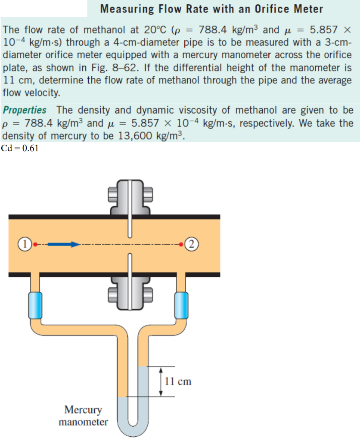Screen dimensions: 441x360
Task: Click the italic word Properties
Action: pos(25,110)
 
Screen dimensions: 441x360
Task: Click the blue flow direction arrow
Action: pos(63,244)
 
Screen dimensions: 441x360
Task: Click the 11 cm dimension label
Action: pos(178,381)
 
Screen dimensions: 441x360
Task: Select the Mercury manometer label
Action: pos(83,415)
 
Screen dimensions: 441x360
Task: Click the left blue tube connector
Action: pos(35,304)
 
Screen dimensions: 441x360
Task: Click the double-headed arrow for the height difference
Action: pos(161,381)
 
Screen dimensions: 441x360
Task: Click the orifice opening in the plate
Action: pos(129,244)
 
